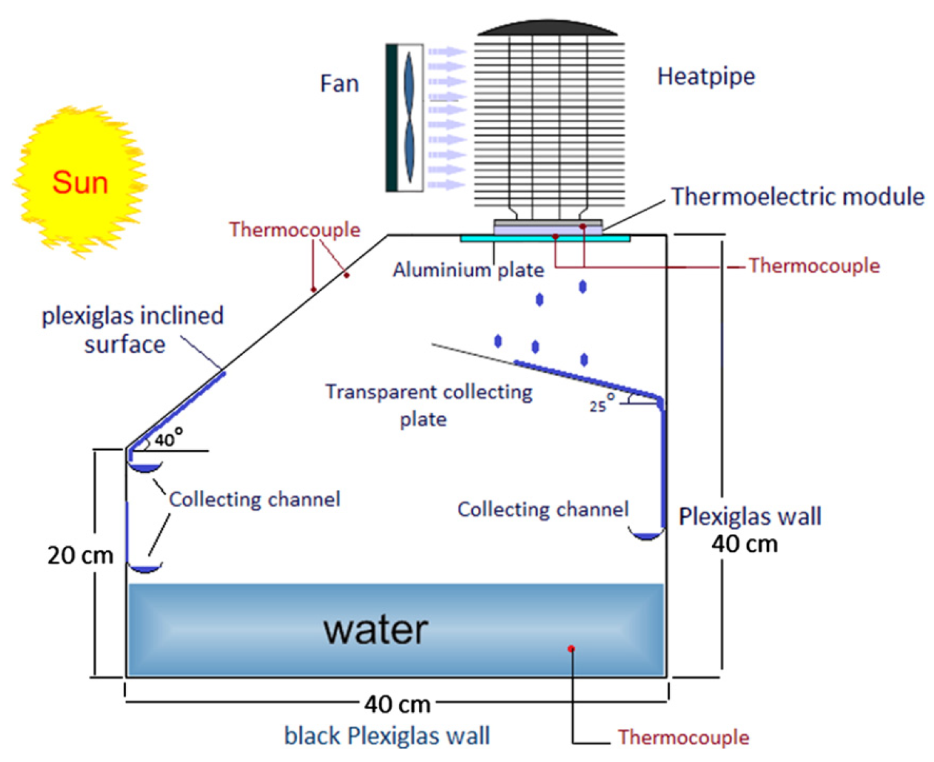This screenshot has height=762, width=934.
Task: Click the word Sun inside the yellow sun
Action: [80, 183]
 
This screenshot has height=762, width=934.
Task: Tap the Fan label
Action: [339, 83]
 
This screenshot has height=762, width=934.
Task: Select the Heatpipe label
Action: [706, 76]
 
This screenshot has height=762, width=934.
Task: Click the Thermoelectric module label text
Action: [797, 196]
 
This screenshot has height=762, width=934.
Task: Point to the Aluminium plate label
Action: [468, 270]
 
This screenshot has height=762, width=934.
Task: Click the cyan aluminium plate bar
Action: [545, 238]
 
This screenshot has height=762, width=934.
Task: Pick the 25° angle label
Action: [600, 404]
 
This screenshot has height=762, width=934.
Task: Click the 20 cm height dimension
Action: [80, 555]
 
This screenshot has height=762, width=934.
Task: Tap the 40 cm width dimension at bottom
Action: [396, 704]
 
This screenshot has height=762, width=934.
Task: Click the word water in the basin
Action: [375, 629]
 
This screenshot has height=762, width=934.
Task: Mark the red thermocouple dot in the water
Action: [571, 648]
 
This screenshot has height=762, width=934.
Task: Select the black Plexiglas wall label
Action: [387, 736]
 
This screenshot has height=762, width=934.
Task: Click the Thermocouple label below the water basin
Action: [683, 737]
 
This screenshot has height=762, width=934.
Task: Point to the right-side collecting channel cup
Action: [646, 534]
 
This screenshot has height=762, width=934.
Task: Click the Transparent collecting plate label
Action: [428, 405]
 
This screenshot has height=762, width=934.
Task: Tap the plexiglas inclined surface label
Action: [132, 330]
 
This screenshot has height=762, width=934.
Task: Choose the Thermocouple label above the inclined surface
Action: [294, 229]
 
